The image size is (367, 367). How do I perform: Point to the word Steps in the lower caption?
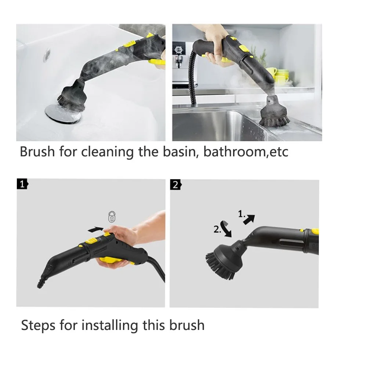tap(40, 325)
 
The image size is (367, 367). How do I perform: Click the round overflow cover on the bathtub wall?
tap(47, 54)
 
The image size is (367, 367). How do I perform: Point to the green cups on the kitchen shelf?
tap(281, 76)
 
